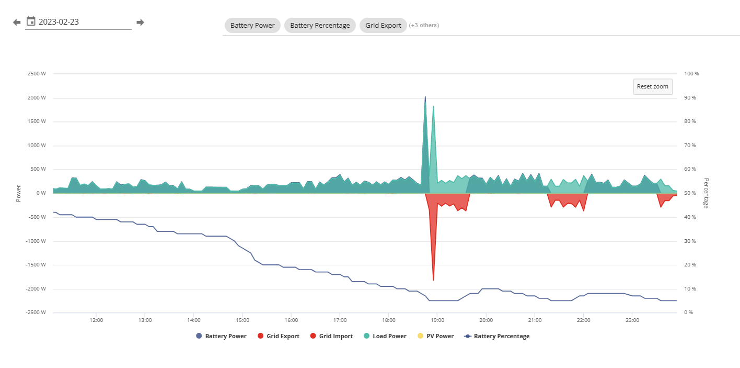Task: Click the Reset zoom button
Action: click(x=652, y=86)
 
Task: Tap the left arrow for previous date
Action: click(x=17, y=22)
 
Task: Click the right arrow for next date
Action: click(x=141, y=22)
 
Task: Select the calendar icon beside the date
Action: click(x=31, y=21)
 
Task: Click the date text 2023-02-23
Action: click(x=59, y=22)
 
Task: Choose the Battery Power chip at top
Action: click(x=252, y=26)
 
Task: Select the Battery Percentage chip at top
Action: click(x=320, y=26)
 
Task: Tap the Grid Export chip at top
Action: click(x=383, y=26)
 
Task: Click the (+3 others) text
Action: click(x=424, y=25)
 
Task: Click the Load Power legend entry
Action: click(x=385, y=336)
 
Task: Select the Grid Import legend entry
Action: click(x=331, y=336)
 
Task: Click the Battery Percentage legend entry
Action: click(x=497, y=336)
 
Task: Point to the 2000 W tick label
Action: click(x=37, y=97)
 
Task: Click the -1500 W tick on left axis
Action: click(x=36, y=265)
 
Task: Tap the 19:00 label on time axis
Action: click(x=437, y=320)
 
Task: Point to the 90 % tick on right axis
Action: click(x=690, y=97)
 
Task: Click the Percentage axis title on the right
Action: click(x=706, y=193)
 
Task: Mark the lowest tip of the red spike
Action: click(x=433, y=280)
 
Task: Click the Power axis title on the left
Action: click(x=18, y=194)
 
